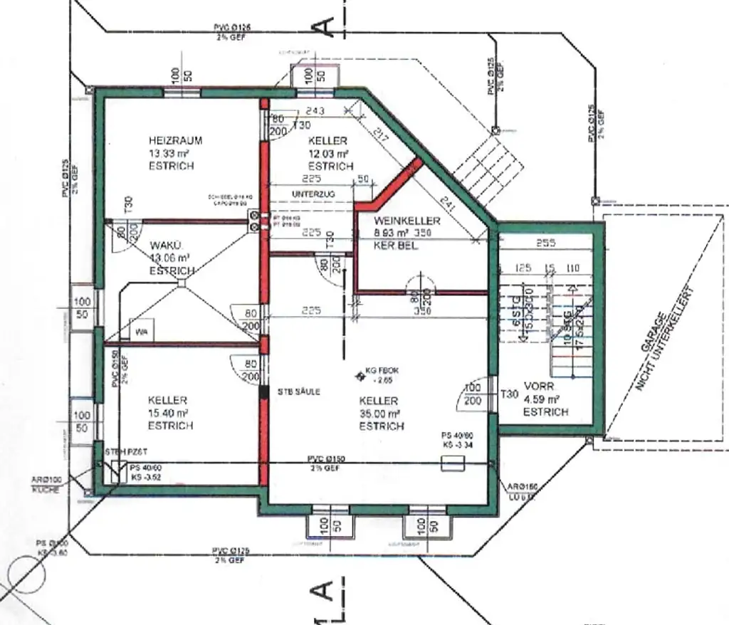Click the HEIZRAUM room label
click(x=175, y=140)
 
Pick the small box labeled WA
click(x=142, y=332)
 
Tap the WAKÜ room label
click(x=164, y=246)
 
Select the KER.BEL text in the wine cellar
click(x=394, y=246)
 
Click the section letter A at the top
click(x=324, y=26)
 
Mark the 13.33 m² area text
click(x=171, y=153)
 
